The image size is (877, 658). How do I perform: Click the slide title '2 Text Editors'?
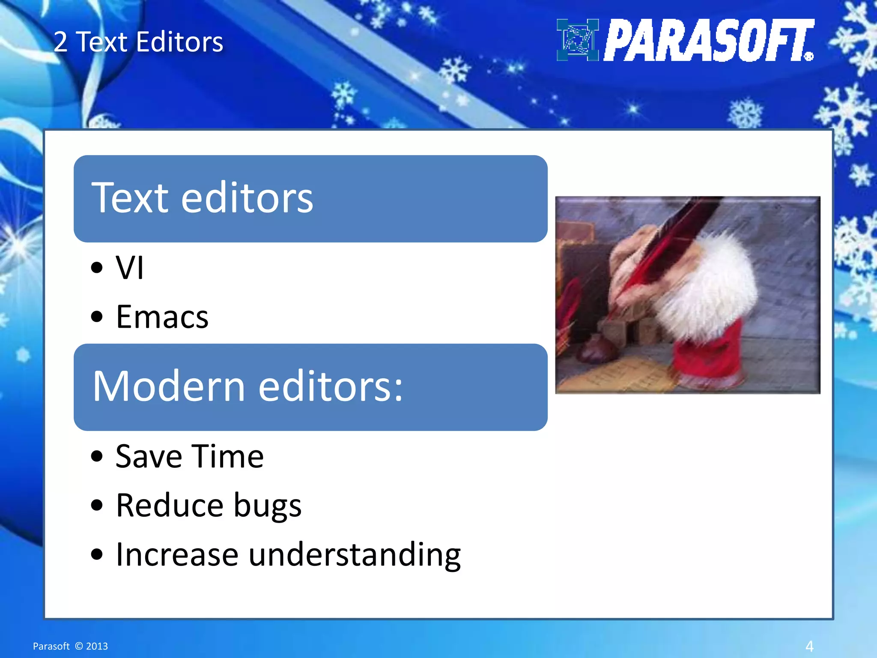138,42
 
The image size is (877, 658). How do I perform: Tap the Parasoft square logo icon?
577,40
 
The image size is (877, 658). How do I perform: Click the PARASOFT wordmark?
708,40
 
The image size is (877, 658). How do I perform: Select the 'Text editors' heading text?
202,198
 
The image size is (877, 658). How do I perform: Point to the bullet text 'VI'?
129,268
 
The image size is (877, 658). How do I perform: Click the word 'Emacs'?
162,317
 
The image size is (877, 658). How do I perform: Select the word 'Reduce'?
170,505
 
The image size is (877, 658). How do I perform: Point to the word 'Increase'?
177,554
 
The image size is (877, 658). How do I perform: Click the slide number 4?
809,646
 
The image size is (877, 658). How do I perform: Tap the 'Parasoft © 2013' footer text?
70,646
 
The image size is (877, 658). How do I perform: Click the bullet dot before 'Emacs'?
97,317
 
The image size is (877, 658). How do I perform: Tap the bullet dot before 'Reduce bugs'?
97,505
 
